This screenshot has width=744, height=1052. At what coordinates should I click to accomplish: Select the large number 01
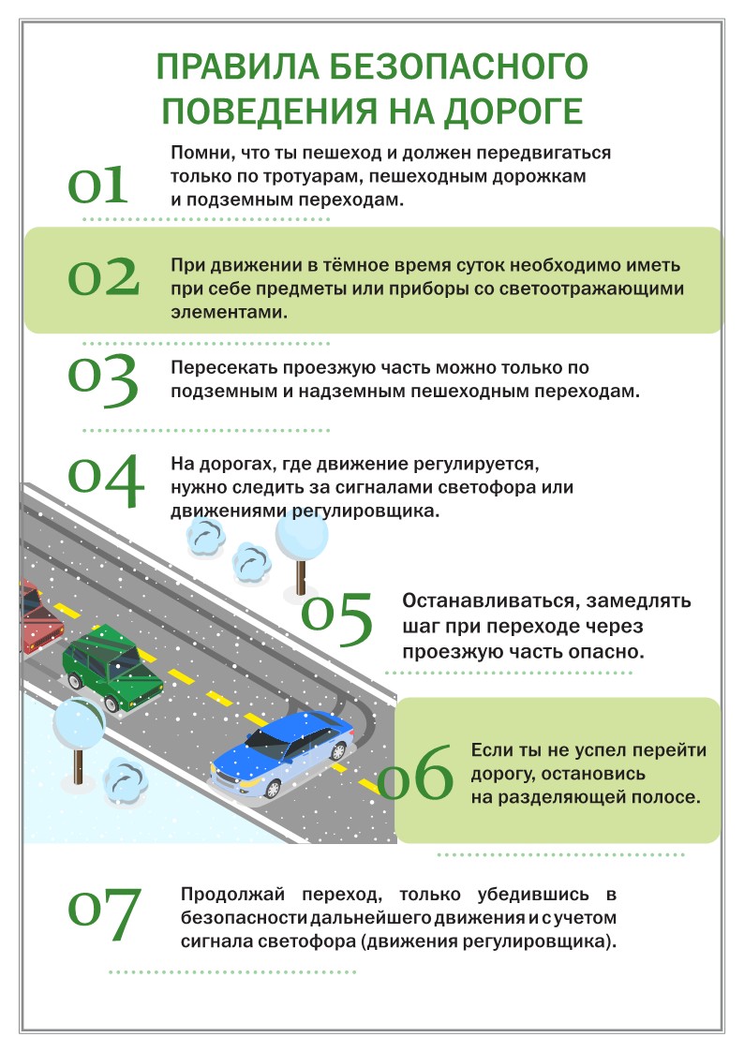click(x=98, y=186)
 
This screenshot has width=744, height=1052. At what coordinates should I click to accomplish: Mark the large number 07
click(x=105, y=914)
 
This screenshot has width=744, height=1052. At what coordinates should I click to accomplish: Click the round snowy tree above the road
click(x=302, y=536)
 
